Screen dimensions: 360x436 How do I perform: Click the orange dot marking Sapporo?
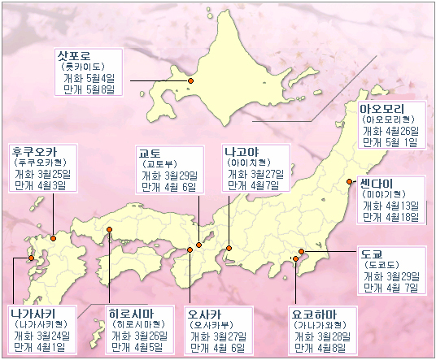click(x=190, y=81)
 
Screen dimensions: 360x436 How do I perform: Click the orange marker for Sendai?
click(x=349, y=182)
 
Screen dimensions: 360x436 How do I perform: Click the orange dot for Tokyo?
click(x=301, y=251)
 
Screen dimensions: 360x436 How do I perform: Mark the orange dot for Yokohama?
click(x=294, y=259)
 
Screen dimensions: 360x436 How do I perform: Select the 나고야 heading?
click(x=242, y=152)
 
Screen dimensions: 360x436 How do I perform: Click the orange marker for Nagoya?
click(x=229, y=247)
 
